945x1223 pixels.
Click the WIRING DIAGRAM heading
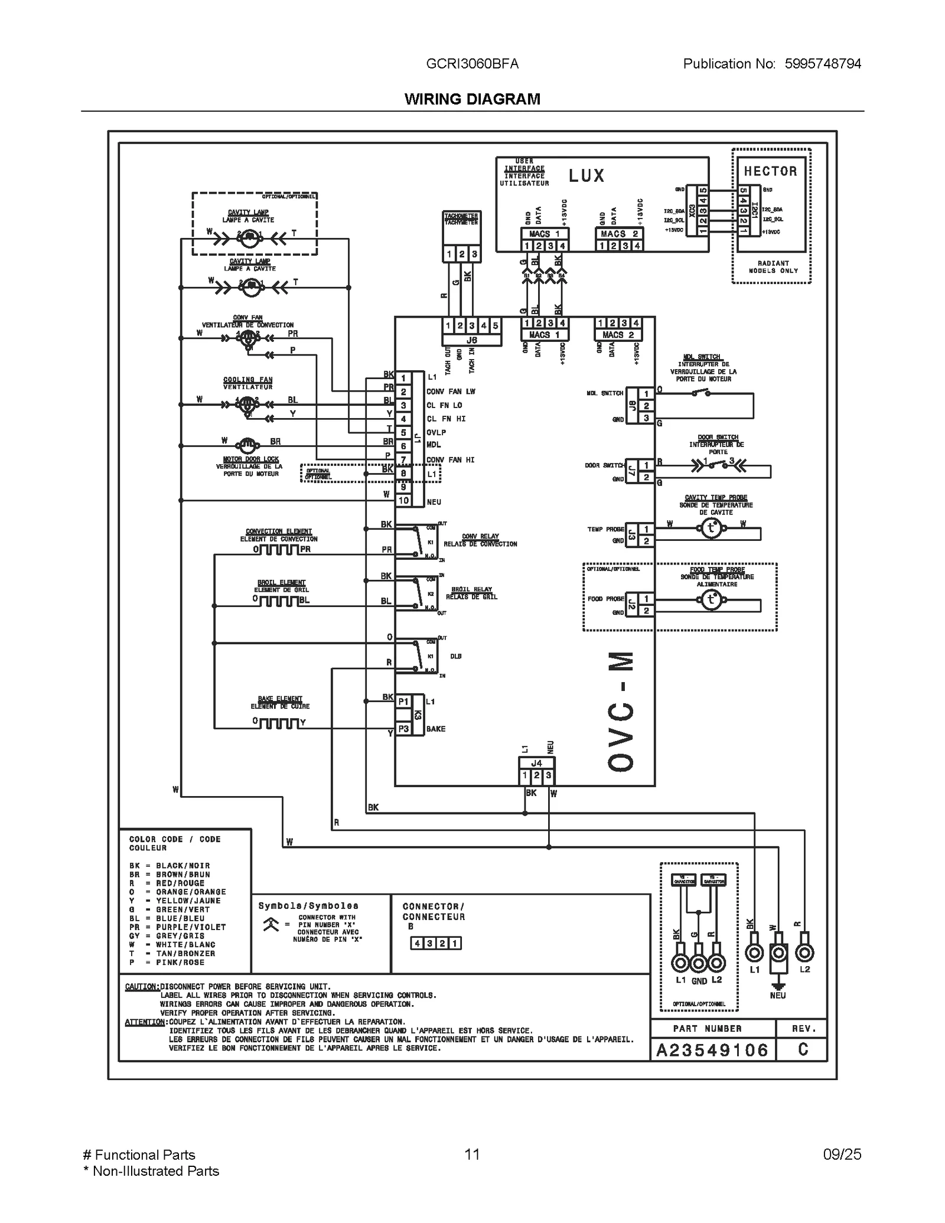pos(472,99)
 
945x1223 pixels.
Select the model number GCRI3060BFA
pos(472,64)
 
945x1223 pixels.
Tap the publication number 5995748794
pos(822,64)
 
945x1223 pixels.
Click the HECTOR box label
pos(770,171)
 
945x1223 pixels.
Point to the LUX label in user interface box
pos(586,176)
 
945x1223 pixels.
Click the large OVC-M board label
pos(621,711)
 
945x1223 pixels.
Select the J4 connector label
pos(536,764)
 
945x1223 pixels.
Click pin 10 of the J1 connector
pos(403,501)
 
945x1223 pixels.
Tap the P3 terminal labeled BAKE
pos(403,729)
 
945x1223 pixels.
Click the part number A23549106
pos(712,1050)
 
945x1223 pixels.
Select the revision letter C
pos(803,1049)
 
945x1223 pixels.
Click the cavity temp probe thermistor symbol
pos(711,529)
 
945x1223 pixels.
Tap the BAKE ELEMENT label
pos(280,699)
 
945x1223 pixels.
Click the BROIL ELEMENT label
pos(281,583)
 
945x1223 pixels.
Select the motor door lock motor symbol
pos(247,445)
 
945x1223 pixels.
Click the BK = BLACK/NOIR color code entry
pos(170,866)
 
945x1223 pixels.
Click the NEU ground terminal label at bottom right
pos(777,996)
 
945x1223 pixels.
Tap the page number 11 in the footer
pos(472,1154)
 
